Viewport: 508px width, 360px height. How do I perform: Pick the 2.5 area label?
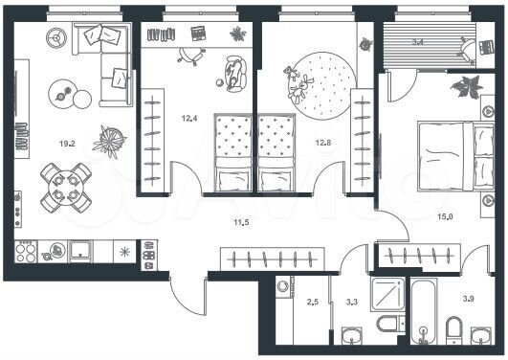point(312,303)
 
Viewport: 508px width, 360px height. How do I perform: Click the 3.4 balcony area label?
point(418,43)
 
